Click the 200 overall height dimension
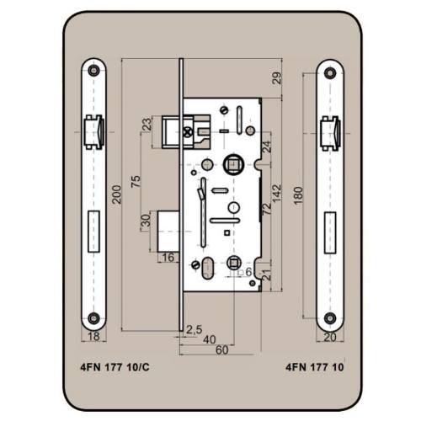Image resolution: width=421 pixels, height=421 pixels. coord(116,195)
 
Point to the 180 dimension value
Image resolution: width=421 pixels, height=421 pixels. coord(299,195)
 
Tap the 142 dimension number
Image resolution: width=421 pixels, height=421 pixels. coord(276,194)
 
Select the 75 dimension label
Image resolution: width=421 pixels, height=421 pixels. coord(136,182)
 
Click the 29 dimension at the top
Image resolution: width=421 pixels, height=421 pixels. coord(276,78)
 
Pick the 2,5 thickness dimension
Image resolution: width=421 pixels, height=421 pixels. coord(194,329)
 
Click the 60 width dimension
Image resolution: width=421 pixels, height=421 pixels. coord(221,350)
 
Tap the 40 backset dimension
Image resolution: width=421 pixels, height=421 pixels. coord(210,339)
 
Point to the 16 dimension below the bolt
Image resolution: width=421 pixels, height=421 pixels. coord(168,258)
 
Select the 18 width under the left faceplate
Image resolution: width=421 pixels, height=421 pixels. coord(93,336)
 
